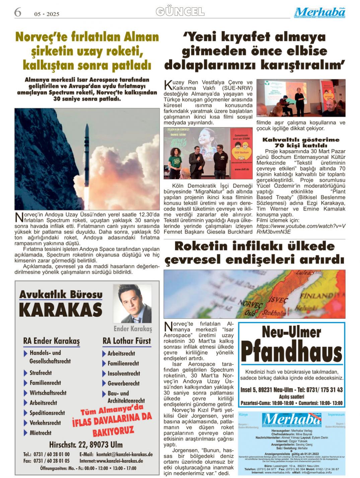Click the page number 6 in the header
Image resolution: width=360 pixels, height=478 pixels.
pos(17,12)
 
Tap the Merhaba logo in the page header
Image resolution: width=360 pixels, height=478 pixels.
pos(319,13)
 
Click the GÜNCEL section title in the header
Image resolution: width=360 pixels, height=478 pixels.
pos(180,12)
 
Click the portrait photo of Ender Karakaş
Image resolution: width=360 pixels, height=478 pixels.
pos(132,303)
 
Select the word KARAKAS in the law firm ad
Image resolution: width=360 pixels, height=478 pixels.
pos(61,310)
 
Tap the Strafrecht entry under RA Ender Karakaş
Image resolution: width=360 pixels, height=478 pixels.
pos(41,373)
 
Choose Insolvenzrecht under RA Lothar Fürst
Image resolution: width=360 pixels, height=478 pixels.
pos(124,373)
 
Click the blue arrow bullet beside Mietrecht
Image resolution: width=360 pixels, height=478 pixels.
pos(25,433)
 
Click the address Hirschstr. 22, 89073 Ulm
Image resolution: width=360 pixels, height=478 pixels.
pos(86,445)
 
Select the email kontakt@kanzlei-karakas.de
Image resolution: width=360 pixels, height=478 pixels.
pos(124,455)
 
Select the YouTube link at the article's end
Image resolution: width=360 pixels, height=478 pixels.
pos(301,229)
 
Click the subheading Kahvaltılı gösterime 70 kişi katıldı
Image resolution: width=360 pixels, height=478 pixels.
pos(301,142)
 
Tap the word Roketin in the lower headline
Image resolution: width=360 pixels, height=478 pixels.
pos(200,246)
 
